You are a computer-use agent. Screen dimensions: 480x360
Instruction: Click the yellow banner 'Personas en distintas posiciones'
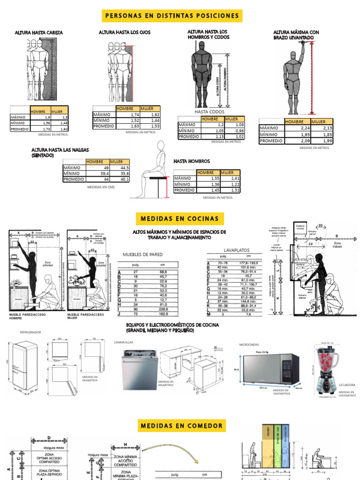coord(172,16)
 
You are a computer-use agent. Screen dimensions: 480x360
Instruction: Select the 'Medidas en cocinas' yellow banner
coord(180,218)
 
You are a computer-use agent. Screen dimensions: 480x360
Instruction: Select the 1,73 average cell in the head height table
coord(40,128)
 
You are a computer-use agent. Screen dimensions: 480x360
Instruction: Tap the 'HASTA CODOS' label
coord(209,112)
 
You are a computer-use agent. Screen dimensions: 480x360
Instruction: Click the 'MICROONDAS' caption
coord(248,345)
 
